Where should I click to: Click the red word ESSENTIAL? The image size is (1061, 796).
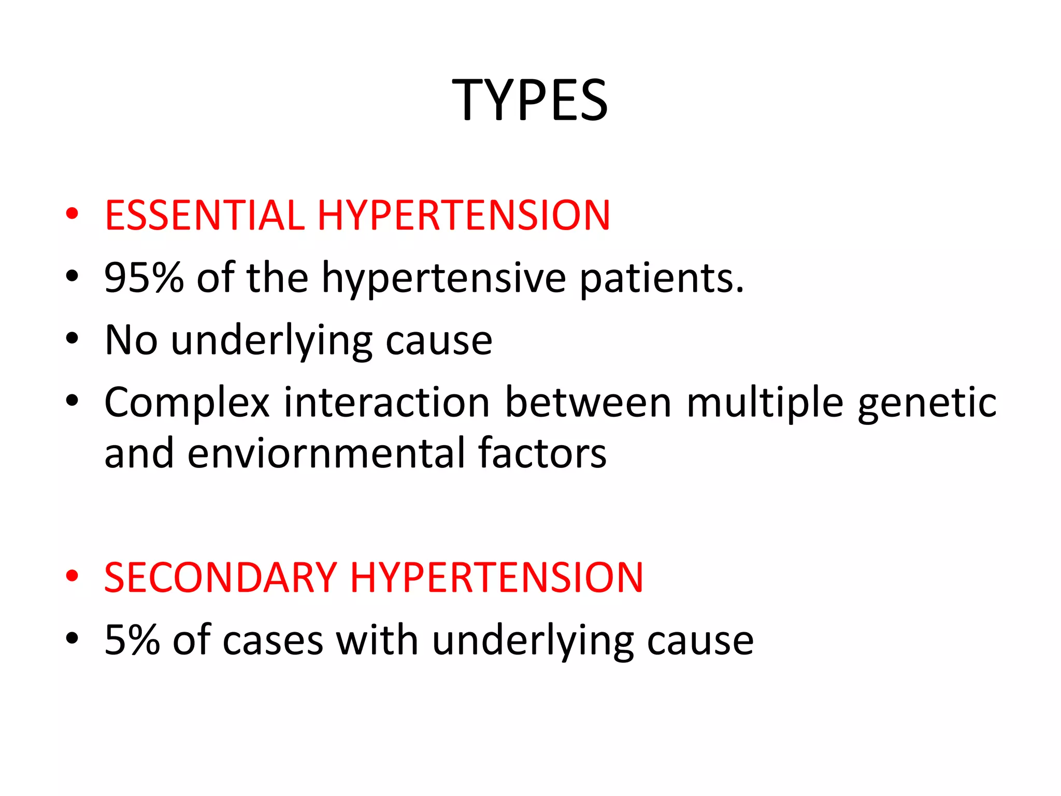(205, 215)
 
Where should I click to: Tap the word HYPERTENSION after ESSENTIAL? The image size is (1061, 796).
(464, 215)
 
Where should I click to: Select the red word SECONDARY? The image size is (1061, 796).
(221, 577)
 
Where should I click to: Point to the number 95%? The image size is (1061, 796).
(144, 278)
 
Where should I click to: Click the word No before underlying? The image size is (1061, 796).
(131, 340)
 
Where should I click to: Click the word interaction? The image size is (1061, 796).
(386, 402)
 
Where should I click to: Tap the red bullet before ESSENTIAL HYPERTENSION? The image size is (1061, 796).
(72, 214)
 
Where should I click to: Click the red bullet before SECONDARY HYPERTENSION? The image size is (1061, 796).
(72, 576)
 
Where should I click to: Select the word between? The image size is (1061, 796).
(588, 402)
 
